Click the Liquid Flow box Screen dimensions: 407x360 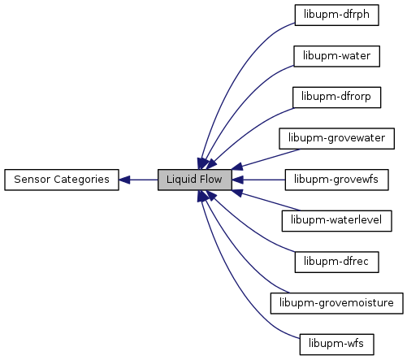pyautogui.click(x=195, y=180)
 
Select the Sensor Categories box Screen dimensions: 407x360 pyautogui.click(x=62, y=180)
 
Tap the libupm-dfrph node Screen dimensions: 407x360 pyautogui.click(x=336, y=15)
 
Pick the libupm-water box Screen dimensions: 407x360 pyautogui.click(x=336, y=56)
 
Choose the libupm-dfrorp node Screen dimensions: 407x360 pyautogui.click(x=336, y=98)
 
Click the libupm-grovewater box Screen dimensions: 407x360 pyautogui.click(x=336, y=138)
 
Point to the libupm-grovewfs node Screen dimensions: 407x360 pyautogui.click(x=336, y=180)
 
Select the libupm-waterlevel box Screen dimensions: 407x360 pyautogui.click(x=336, y=221)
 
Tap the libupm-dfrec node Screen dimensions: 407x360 pyautogui.click(x=336, y=262)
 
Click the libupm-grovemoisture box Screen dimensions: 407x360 pyautogui.click(x=336, y=303)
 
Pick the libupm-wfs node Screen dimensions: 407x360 pyautogui.click(x=336, y=345)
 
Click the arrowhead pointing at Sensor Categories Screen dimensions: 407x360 pyautogui.click(x=124, y=180)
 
